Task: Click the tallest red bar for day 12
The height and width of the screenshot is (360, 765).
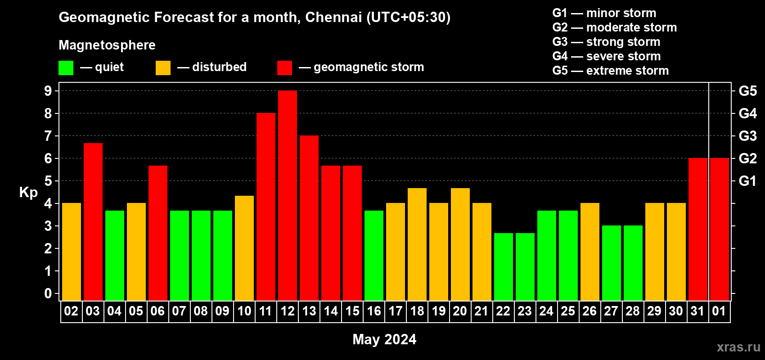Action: click(288, 196)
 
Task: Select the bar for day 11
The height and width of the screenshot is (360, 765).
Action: click(266, 207)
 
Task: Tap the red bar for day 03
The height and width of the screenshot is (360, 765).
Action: click(93, 222)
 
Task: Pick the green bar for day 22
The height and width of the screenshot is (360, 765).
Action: click(504, 267)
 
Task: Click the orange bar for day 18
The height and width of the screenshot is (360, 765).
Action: click(417, 244)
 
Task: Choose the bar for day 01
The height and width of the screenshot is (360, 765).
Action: click(720, 229)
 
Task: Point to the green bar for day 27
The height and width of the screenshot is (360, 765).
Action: click(612, 263)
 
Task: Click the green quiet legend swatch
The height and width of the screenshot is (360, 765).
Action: click(66, 68)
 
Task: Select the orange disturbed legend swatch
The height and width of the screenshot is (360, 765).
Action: click(163, 68)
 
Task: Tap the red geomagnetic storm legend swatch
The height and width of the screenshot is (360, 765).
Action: click(284, 68)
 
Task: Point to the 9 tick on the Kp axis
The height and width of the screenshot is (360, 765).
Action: click(48, 91)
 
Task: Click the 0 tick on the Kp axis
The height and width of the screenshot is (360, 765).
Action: click(48, 294)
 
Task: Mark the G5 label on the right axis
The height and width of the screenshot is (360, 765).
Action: click(747, 91)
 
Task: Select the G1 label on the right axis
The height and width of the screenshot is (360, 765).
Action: click(747, 181)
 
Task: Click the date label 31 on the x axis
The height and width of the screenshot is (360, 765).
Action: click(697, 311)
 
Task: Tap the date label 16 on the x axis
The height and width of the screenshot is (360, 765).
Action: click(374, 311)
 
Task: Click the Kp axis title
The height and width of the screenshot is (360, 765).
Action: click(28, 192)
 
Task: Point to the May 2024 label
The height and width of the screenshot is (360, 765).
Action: click(384, 339)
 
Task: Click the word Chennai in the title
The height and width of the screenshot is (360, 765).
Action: click(333, 17)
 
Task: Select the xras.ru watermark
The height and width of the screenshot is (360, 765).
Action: click(738, 347)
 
